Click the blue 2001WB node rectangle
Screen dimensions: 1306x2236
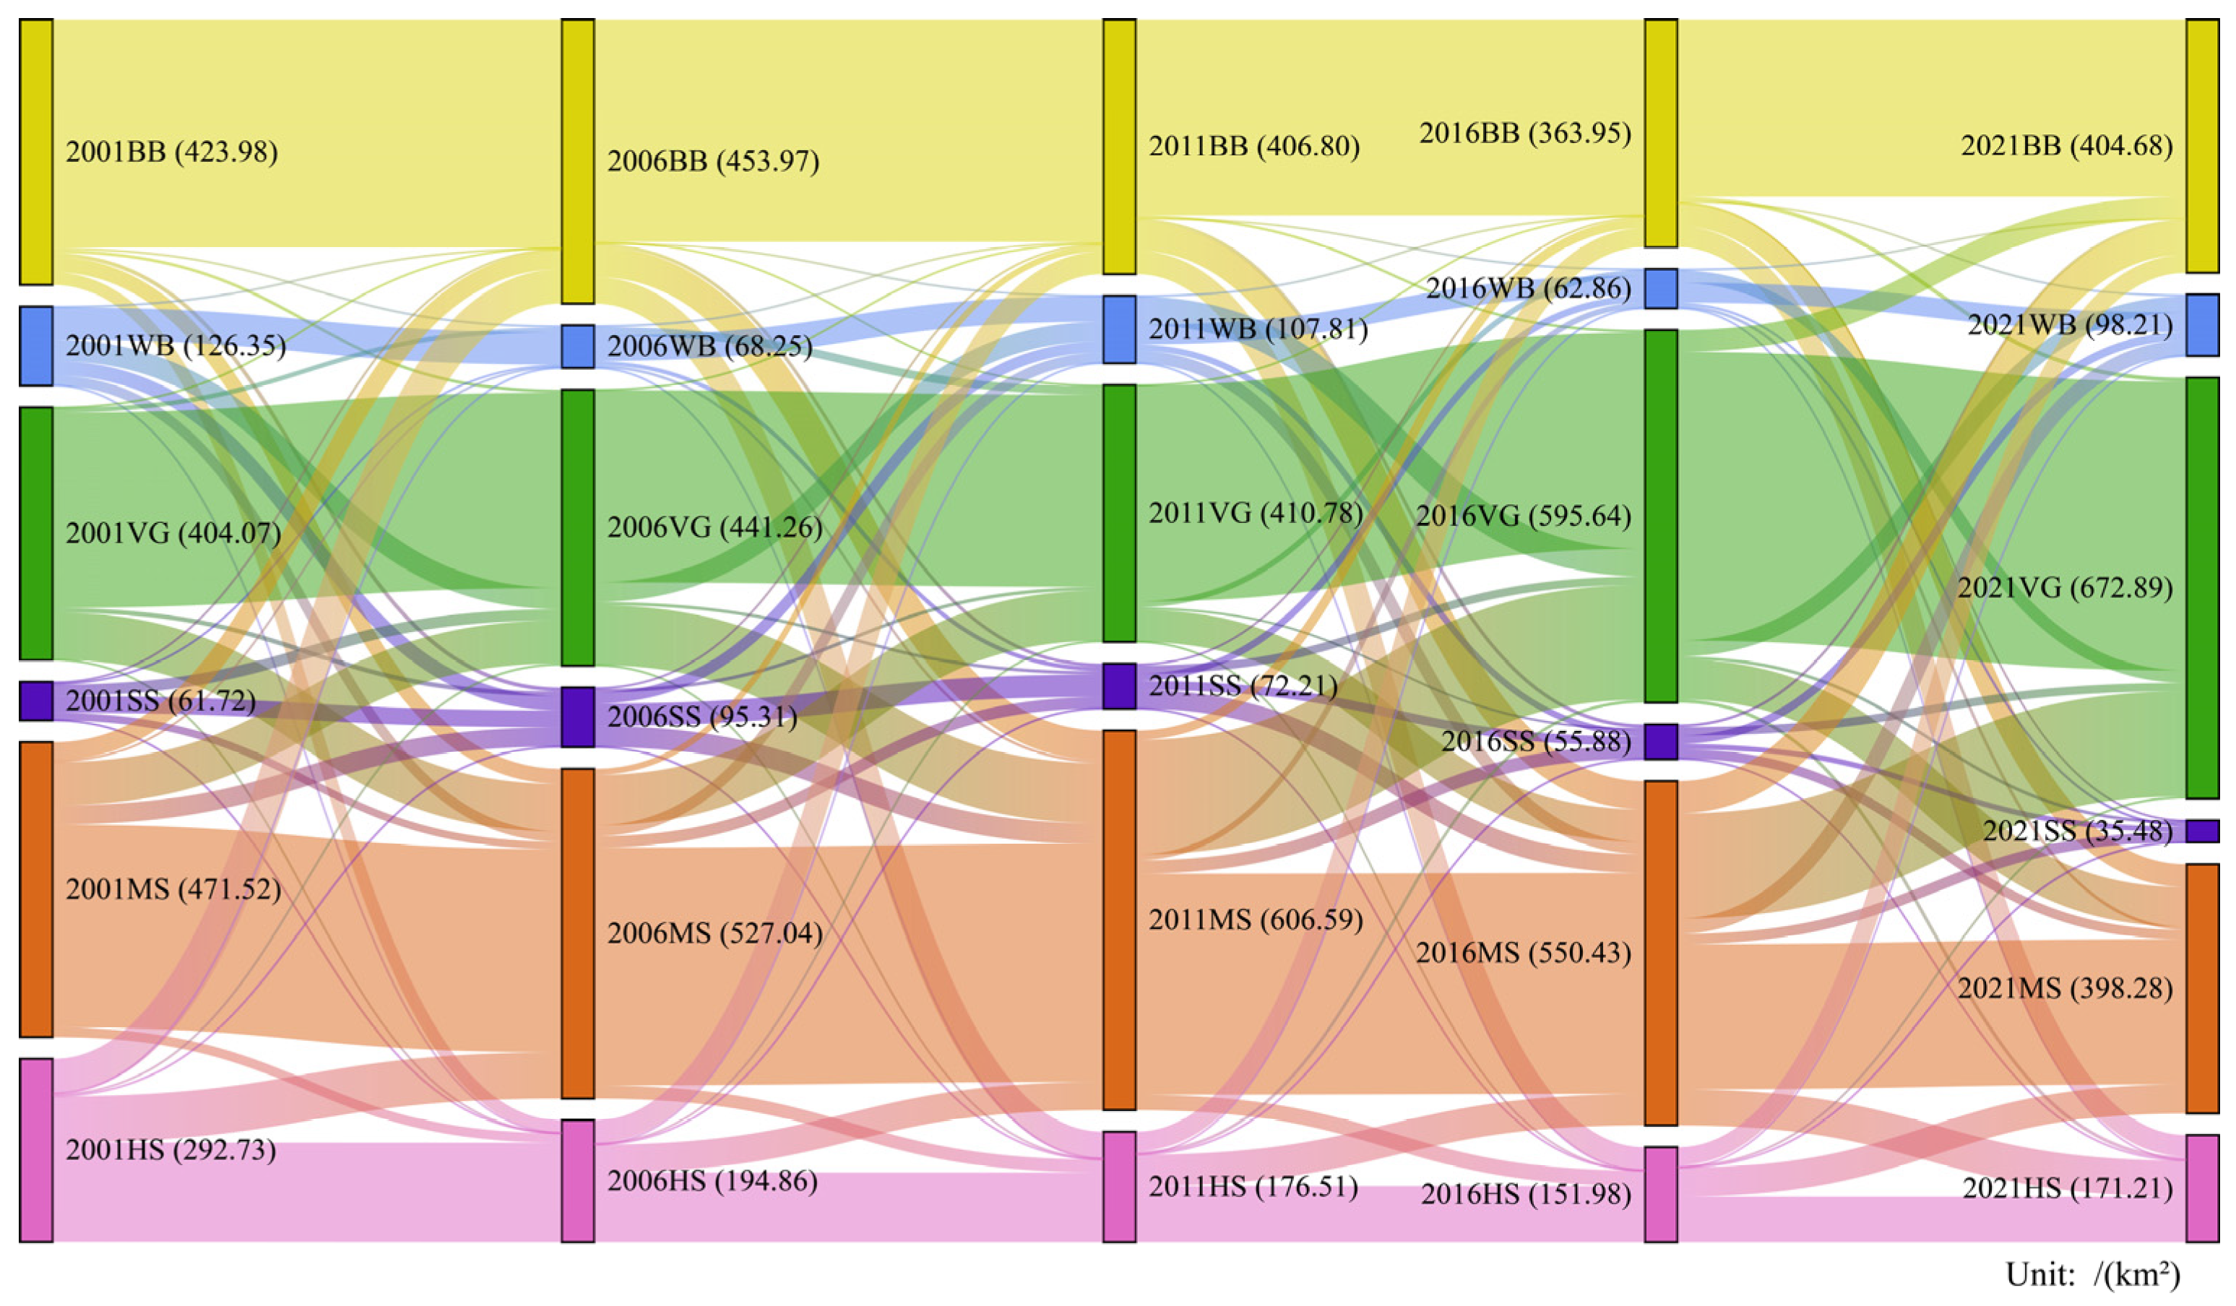(36, 346)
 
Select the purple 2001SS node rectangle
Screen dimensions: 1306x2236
(36, 700)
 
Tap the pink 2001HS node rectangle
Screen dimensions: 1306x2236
(36, 1149)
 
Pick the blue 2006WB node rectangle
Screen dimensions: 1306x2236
(578, 346)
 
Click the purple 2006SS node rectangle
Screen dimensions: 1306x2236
(578, 716)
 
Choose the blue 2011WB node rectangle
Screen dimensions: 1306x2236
(1119, 329)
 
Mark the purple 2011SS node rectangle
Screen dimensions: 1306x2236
(1119, 686)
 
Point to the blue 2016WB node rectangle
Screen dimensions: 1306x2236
(1661, 288)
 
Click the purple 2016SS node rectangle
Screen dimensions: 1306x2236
(1661, 742)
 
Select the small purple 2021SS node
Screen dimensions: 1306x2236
(2202, 831)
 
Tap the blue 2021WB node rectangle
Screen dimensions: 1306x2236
(2202, 325)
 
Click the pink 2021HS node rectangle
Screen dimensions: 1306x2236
(2202, 1188)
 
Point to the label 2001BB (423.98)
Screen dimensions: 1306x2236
(171, 152)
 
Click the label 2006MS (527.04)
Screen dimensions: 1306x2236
(715, 933)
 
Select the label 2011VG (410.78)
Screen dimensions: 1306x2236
(1256, 513)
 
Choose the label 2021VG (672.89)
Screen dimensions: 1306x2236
(2066, 587)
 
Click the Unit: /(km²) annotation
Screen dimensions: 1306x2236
(2092, 1275)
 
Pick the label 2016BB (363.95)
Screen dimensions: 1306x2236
(1524, 133)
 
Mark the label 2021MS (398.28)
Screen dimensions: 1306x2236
(2066, 988)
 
